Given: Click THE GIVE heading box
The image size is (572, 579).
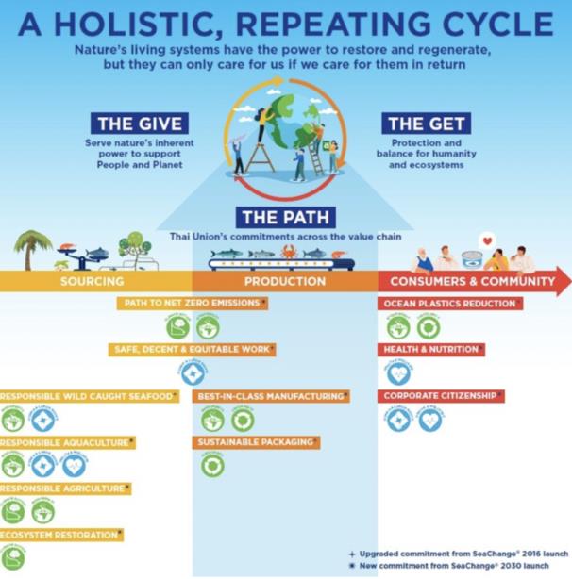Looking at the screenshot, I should pos(140,123).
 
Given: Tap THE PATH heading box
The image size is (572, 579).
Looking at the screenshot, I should pos(284,216).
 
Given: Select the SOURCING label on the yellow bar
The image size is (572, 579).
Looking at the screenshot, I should pos(92,281).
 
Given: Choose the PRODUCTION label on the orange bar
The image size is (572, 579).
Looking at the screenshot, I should pos(285,281).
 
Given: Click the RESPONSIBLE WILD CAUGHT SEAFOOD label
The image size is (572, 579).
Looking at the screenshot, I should pos(87,397).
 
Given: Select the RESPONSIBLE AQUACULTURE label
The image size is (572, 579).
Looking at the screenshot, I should pos(66,442).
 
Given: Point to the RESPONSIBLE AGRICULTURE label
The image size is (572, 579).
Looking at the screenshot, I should pos(63,488).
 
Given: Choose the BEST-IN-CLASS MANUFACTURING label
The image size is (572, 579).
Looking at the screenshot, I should pos(269,397).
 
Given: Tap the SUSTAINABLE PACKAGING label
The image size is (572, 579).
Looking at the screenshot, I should pos(255,442).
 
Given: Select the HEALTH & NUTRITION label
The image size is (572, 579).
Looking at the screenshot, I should pos(430,350).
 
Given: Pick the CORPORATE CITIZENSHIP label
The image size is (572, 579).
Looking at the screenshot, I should pos(440,397).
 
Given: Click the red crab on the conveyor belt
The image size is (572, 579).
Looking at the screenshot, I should pos(289,253).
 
